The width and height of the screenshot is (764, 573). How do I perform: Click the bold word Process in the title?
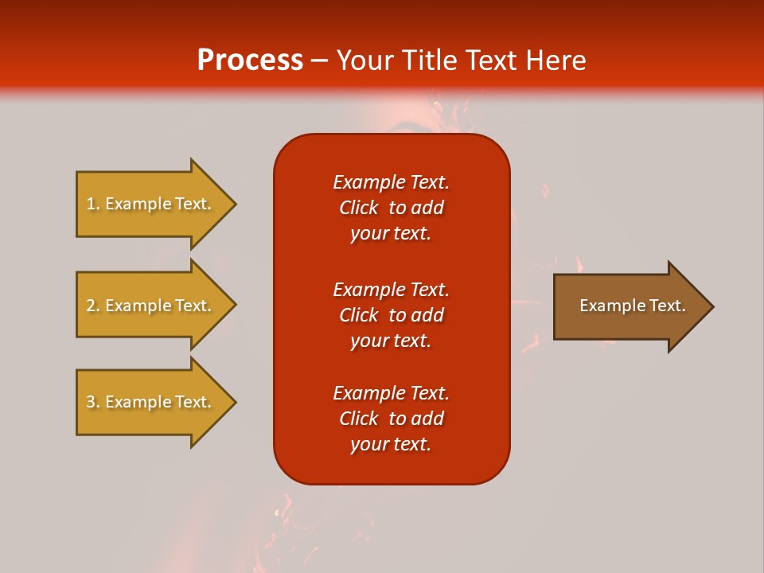tap(250, 60)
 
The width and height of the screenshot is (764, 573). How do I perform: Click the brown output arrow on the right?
tap(629, 306)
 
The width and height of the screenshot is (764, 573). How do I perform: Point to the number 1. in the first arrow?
tap(93, 204)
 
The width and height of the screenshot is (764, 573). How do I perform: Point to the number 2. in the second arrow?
tap(93, 306)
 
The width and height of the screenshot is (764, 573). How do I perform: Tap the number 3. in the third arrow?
tap(93, 402)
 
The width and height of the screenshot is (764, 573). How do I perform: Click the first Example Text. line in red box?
tap(391, 182)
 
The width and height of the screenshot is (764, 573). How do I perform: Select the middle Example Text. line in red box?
tap(391, 290)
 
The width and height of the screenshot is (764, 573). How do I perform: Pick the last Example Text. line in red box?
tap(391, 393)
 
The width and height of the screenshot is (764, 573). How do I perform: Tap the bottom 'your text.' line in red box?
tap(391, 444)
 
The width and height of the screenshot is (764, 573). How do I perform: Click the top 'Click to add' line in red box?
tap(391, 208)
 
